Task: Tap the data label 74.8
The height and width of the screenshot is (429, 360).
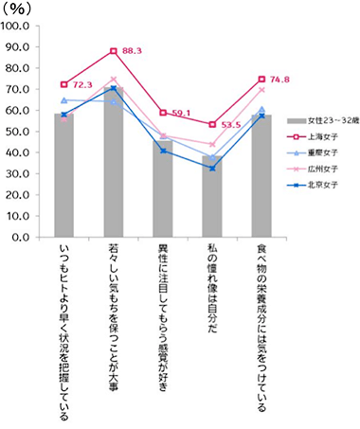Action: pyautogui.click(x=281, y=80)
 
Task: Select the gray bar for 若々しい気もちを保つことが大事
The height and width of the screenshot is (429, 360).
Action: pyautogui.click(x=113, y=162)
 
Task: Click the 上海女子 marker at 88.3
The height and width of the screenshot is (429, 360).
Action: pyautogui.click(x=113, y=50)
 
